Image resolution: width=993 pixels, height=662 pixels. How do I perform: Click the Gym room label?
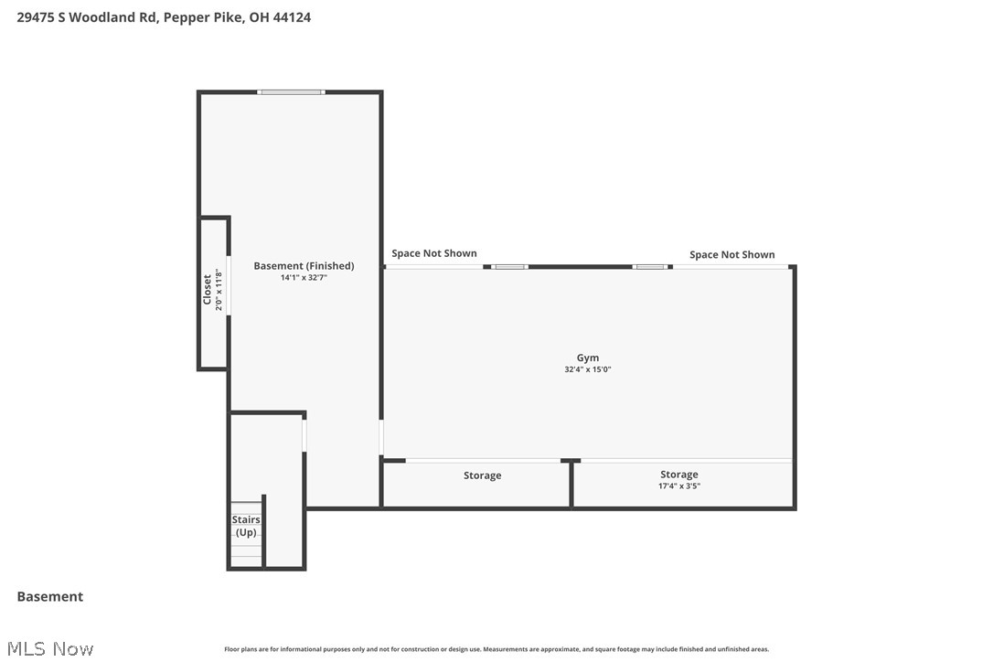pyautogui.click(x=588, y=358)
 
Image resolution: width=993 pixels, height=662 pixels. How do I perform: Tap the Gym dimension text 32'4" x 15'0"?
pyautogui.click(x=588, y=369)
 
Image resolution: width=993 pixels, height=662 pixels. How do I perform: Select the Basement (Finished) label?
pyautogui.click(x=304, y=266)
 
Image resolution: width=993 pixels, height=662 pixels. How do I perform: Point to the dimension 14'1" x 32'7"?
pyautogui.click(x=304, y=277)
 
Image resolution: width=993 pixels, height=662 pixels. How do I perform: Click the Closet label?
pyautogui.click(x=208, y=290)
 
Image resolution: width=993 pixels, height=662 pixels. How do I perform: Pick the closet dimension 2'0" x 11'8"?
pyautogui.click(x=219, y=290)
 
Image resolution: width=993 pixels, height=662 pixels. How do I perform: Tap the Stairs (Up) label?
pyautogui.click(x=246, y=526)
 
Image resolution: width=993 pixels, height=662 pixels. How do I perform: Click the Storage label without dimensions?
pyautogui.click(x=482, y=475)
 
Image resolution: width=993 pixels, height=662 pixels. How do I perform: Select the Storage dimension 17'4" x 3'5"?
pyautogui.click(x=679, y=486)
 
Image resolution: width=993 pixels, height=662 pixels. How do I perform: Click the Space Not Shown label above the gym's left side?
pyautogui.click(x=434, y=253)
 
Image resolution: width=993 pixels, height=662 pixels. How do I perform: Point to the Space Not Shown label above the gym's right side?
pyautogui.click(x=731, y=255)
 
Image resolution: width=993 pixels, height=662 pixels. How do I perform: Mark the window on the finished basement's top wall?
pyautogui.click(x=291, y=91)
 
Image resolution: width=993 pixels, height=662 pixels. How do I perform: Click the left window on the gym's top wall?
pyautogui.click(x=511, y=266)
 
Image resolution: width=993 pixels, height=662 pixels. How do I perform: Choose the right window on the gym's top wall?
pyautogui.click(x=650, y=266)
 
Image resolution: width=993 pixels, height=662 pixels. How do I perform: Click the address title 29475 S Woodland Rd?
pyautogui.click(x=87, y=16)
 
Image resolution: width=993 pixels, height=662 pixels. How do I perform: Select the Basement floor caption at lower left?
pyautogui.click(x=50, y=596)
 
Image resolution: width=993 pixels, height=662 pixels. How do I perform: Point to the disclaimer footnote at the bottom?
pyautogui.click(x=496, y=649)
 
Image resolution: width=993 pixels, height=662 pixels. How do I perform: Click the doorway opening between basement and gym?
pyautogui.click(x=381, y=437)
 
